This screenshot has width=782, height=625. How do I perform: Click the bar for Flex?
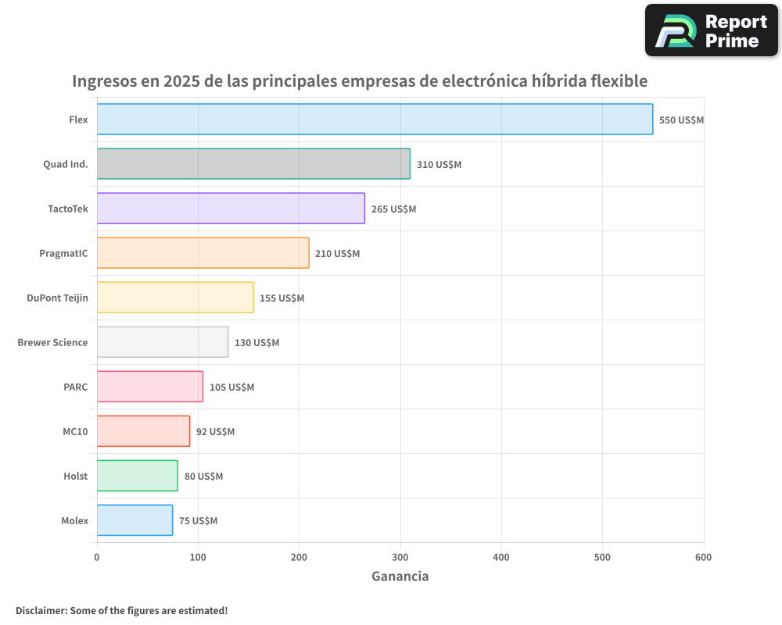tap(375, 120)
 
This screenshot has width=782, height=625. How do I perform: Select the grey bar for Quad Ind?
tap(253, 164)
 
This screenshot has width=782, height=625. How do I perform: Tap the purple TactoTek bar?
tap(231, 209)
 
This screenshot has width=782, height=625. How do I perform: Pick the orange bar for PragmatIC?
tap(203, 253)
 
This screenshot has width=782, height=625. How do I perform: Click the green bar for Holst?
tap(138, 476)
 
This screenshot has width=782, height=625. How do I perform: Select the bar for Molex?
tap(135, 520)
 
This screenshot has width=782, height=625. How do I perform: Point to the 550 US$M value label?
tap(681, 120)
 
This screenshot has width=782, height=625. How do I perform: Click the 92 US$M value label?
tap(215, 432)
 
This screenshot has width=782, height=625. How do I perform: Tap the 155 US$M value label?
tap(282, 298)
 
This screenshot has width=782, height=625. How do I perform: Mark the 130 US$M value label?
tap(256, 343)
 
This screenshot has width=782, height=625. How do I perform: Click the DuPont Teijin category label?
tap(57, 298)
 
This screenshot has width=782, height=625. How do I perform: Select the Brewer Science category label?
tap(52, 342)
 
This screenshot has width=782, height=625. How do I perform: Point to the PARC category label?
tap(76, 387)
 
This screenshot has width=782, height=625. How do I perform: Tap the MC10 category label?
tap(75, 431)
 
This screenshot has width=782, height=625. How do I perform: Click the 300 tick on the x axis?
tap(400, 557)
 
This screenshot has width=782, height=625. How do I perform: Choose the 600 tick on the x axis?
tap(703, 557)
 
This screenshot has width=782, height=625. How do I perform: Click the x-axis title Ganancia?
tap(400, 577)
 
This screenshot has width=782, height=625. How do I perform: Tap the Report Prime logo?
tap(711, 30)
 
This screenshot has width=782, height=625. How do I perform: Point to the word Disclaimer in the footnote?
tap(41, 610)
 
